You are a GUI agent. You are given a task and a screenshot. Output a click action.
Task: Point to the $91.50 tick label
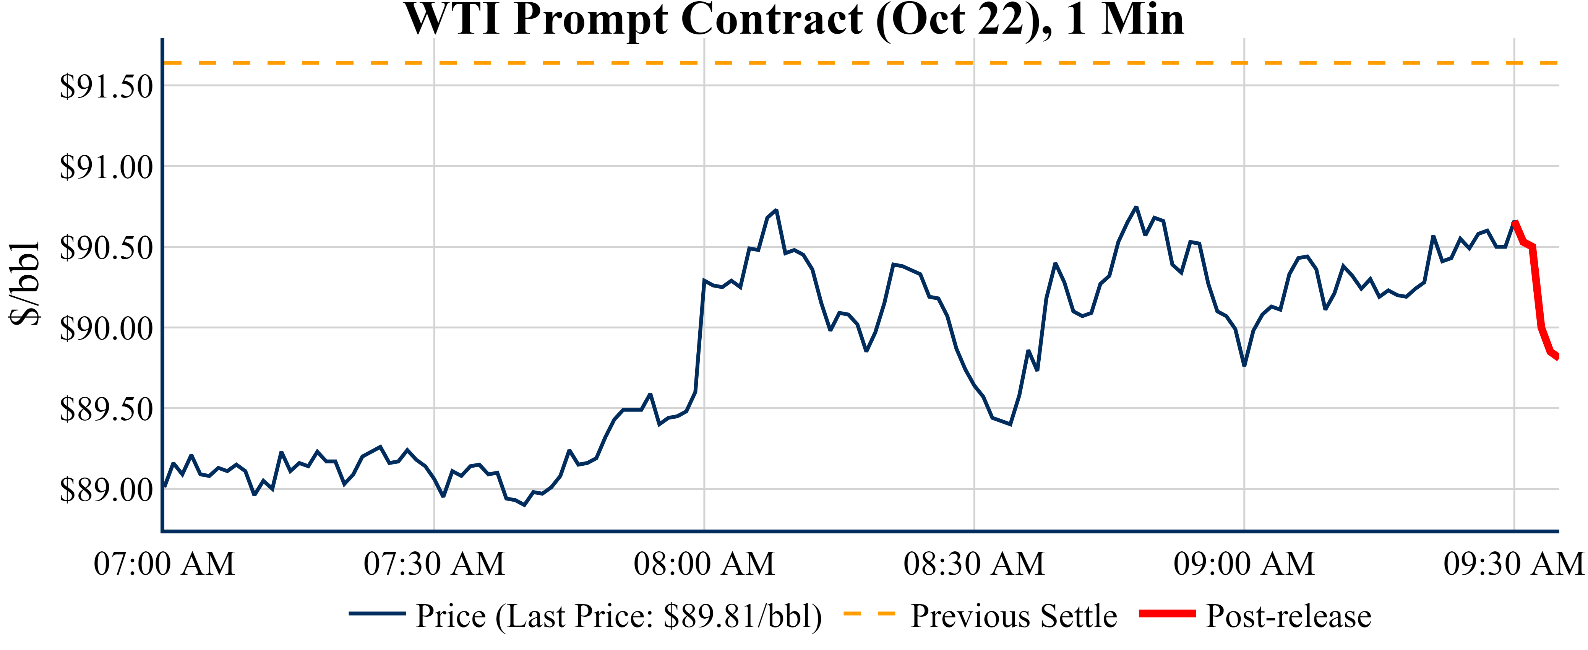click(106, 86)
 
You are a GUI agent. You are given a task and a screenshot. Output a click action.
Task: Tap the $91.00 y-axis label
click(106, 167)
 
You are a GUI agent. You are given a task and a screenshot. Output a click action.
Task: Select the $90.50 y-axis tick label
click(106, 248)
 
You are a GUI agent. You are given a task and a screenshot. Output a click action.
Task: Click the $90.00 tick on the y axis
click(106, 329)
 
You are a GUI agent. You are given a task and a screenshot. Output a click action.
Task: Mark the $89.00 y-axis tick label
click(106, 490)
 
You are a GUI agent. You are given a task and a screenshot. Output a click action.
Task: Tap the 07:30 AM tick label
click(434, 564)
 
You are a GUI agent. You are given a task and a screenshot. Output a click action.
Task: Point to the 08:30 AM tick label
click(974, 564)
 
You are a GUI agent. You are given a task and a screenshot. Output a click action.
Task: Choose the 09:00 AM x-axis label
click(1244, 564)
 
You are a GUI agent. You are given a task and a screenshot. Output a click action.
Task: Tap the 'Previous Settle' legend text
click(1014, 616)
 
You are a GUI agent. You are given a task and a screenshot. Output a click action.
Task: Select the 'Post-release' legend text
click(1288, 616)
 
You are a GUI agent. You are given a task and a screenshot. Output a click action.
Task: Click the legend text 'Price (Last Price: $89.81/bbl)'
click(619, 616)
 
